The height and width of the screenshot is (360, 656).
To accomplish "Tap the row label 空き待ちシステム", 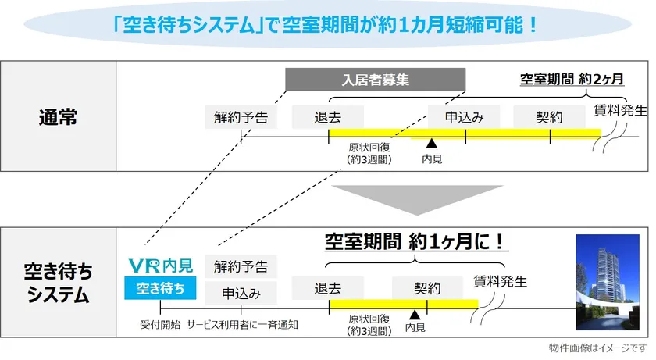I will (58, 283).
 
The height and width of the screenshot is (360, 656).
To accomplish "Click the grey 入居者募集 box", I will (375, 80).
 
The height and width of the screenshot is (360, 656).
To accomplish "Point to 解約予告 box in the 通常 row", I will (241, 117).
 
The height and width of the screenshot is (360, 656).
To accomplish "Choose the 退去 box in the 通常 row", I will (327, 117).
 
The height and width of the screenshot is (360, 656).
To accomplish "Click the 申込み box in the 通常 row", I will (464, 117).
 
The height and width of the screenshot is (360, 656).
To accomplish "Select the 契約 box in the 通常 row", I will (550, 117).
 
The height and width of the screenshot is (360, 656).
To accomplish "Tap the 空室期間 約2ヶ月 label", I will (572, 79).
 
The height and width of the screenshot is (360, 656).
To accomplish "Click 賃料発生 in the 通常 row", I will (621, 110).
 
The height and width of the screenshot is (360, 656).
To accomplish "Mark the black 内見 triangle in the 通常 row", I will (430, 143).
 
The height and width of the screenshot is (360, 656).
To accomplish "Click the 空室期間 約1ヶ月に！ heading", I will (416, 241).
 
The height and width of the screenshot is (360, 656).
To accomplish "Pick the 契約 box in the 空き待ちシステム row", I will (427, 287).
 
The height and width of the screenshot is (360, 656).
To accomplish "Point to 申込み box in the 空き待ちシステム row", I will (241, 293).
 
